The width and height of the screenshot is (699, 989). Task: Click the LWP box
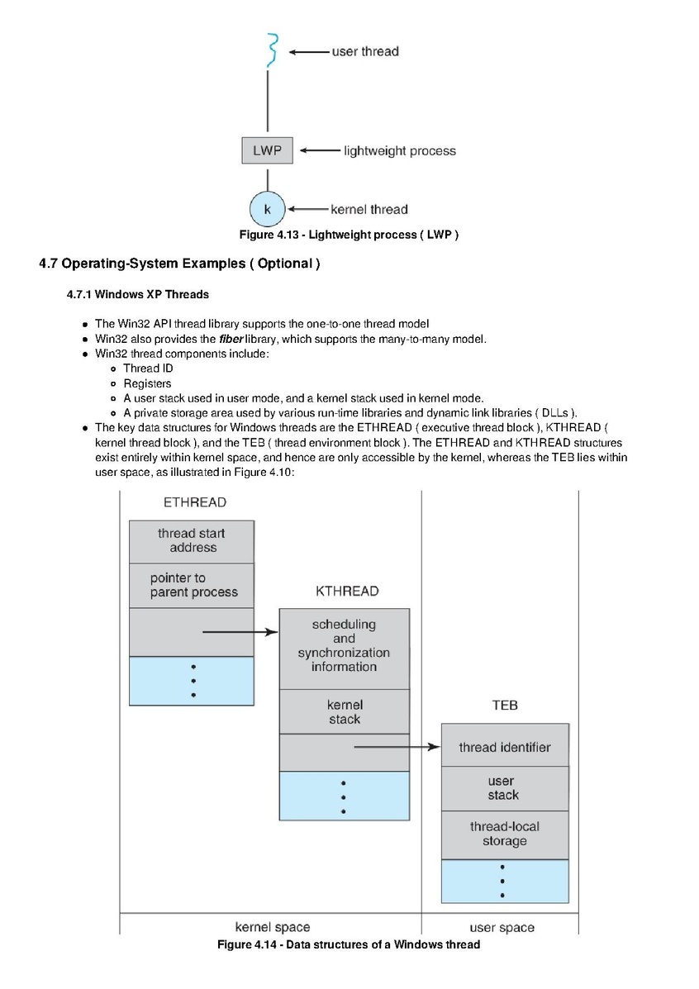click(267, 150)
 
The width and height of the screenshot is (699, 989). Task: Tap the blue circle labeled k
click(268, 209)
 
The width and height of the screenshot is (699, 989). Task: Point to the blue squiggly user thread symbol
click(272, 50)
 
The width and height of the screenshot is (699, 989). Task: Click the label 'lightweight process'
click(399, 150)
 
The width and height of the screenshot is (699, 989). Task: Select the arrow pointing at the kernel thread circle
click(308, 209)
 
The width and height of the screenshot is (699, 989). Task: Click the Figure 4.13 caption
click(349, 235)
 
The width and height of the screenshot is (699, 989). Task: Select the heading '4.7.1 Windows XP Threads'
click(137, 295)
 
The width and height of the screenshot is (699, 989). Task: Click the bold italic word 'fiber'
click(231, 339)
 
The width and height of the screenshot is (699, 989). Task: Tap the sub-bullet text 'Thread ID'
click(148, 368)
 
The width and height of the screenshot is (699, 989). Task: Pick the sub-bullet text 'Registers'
click(147, 383)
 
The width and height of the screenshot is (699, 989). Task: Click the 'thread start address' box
click(192, 542)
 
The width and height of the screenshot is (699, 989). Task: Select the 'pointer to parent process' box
click(192, 585)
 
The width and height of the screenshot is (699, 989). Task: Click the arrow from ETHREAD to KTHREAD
click(240, 632)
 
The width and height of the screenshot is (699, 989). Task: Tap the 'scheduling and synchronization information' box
click(345, 649)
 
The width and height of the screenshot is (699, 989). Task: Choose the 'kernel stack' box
click(345, 711)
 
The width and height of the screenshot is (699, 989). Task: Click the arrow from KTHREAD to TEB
click(397, 747)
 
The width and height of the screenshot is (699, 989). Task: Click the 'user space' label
click(502, 927)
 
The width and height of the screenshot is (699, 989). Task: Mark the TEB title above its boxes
click(505, 705)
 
